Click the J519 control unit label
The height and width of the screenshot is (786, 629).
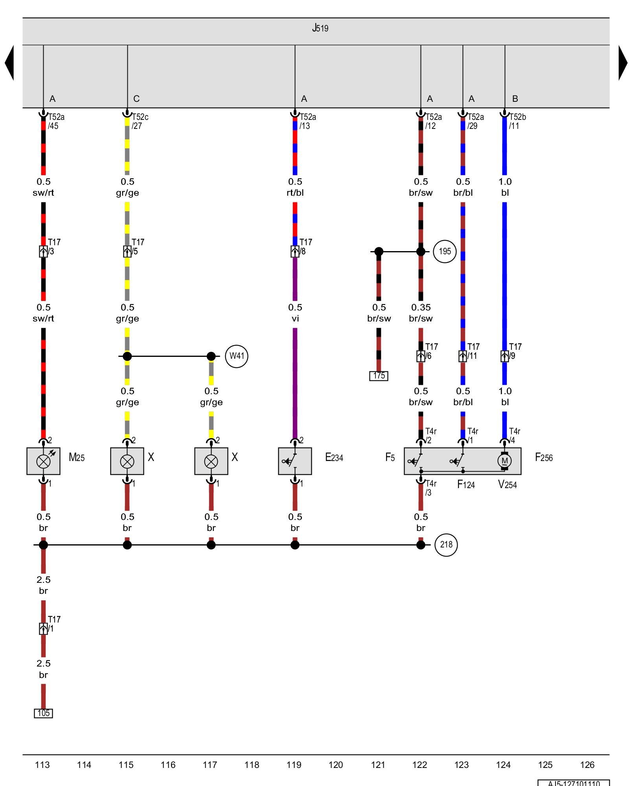tap(320, 28)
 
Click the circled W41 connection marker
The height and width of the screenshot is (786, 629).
tap(237, 356)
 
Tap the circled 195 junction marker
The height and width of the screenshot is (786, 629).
tap(445, 251)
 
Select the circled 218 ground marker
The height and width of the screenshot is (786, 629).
tap(446, 545)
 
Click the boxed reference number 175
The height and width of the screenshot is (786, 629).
tap(379, 376)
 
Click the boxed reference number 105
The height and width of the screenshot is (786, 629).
tap(43, 713)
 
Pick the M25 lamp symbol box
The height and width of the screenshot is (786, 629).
tap(43, 461)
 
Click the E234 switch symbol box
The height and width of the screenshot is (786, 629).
tap(295, 461)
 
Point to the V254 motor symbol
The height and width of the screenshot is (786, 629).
tap(504, 461)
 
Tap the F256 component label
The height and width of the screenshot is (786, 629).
tap(544, 457)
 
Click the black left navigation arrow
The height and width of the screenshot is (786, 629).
tap(9, 63)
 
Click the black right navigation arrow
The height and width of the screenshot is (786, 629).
tap(623, 63)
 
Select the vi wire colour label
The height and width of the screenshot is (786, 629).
tap(295, 318)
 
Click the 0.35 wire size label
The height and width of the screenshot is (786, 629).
tap(421, 307)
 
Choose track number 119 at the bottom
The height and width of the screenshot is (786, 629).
tap(294, 765)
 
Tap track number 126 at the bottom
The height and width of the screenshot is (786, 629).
tap(587, 765)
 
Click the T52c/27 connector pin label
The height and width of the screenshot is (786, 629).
tap(140, 121)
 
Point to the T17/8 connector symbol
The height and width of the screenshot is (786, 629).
tap(295, 252)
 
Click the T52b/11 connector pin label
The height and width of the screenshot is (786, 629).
tap(517, 121)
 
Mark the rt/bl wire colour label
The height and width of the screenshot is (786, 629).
tap(295, 193)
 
